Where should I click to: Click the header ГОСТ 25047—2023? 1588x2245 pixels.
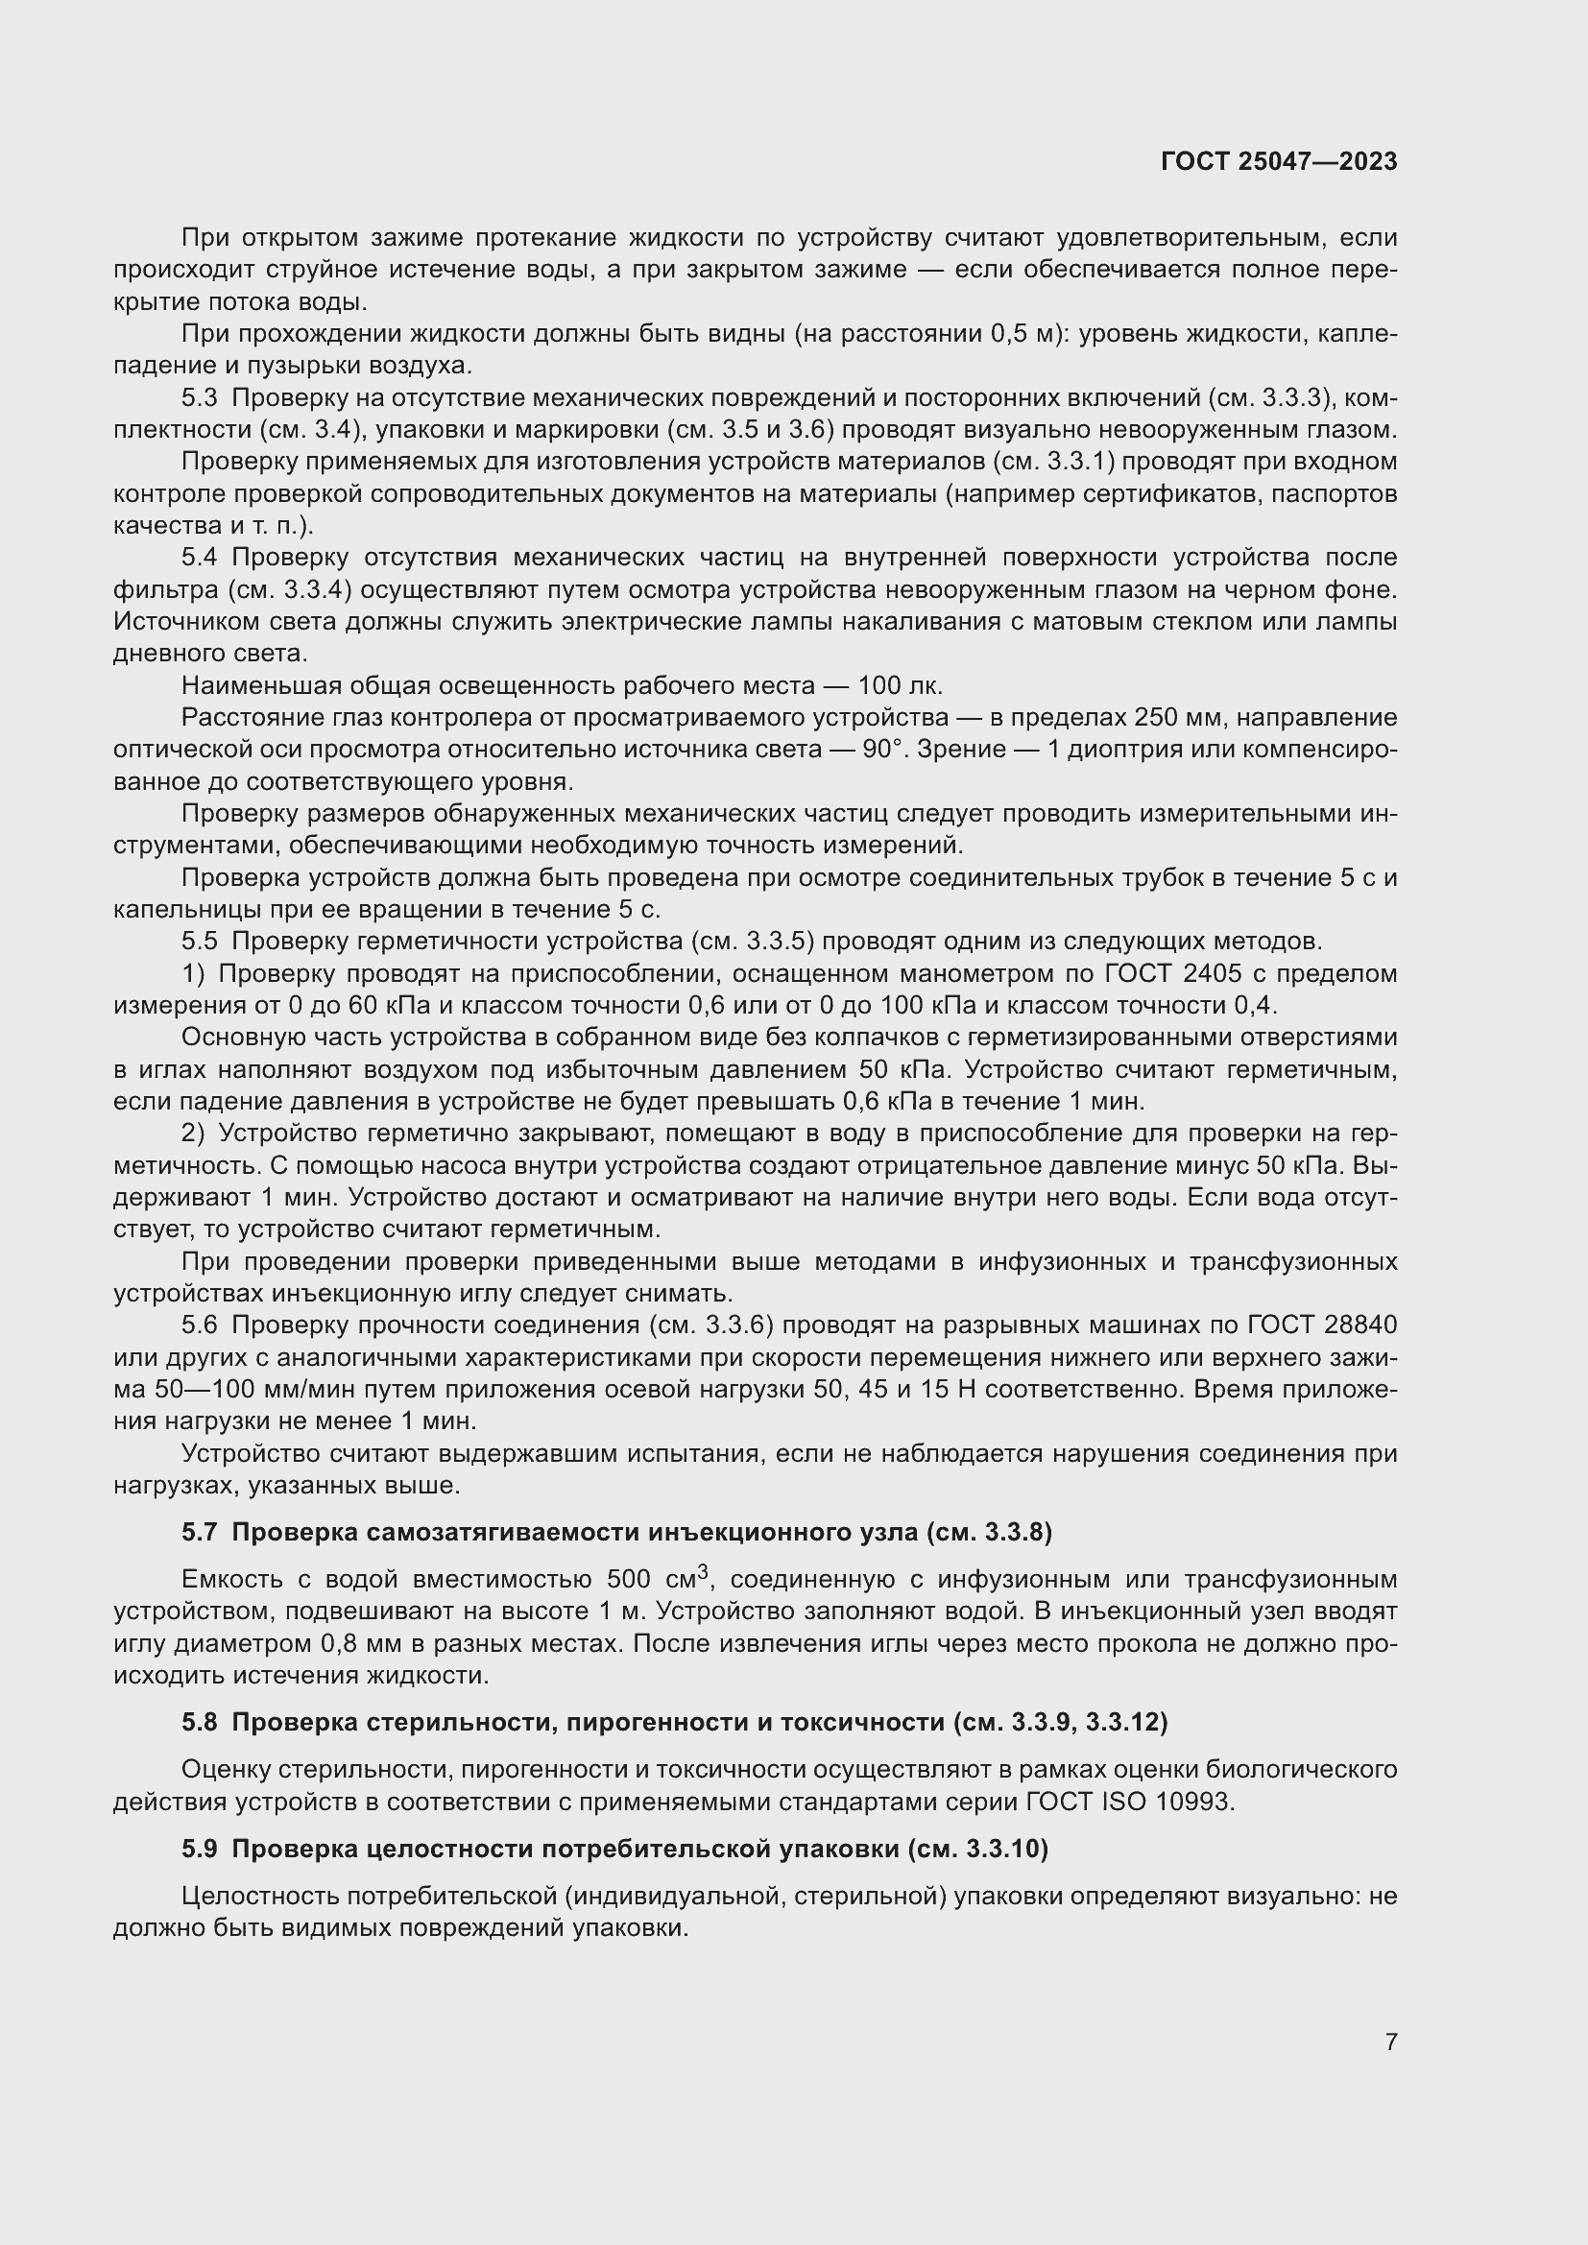coord(1279,161)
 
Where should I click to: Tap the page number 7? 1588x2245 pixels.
coord(1390,2042)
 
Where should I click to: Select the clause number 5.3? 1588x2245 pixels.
coord(200,398)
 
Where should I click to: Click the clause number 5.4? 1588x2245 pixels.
coord(200,558)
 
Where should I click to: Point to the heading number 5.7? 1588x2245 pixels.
coord(200,1532)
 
